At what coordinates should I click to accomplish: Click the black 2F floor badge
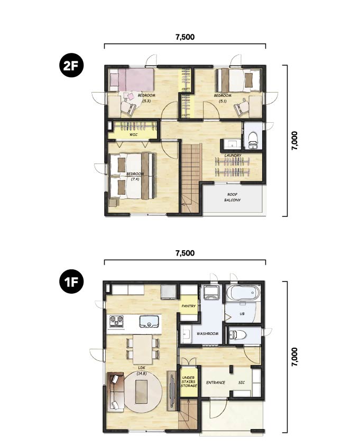point(71,66)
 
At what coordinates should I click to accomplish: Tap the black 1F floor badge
point(71,281)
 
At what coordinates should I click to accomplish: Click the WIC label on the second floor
point(134,134)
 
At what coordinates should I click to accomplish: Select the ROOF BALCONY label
point(233,197)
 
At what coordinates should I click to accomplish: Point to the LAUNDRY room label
point(233,155)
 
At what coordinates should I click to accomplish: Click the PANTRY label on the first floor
point(189,306)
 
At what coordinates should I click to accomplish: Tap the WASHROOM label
point(208,333)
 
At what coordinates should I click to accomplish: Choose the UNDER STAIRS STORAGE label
point(189,382)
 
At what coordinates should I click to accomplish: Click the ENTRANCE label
point(216,383)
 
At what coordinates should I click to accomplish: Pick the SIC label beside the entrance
point(242,383)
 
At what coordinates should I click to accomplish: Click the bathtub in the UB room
point(243,293)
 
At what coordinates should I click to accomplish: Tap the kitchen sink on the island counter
point(149,321)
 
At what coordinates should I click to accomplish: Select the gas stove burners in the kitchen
point(117,321)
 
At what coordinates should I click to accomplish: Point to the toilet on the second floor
point(253,139)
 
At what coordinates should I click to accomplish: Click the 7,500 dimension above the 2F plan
point(185,37)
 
